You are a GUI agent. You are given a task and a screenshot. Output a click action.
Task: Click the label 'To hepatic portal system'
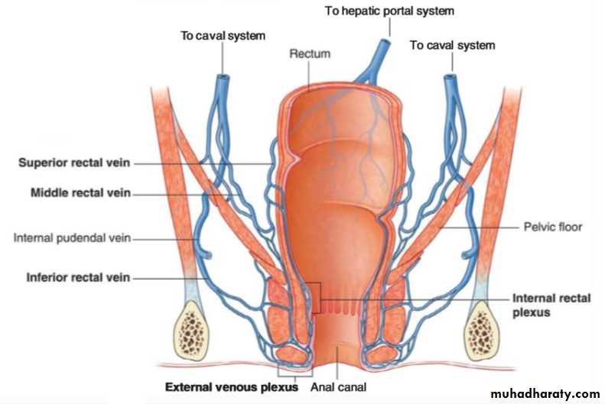tap(389, 11)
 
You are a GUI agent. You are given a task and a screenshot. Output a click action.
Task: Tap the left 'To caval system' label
tap(223, 36)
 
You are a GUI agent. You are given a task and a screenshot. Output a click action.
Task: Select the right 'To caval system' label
tap(452, 46)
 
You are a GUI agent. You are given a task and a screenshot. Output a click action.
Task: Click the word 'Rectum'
tap(310, 53)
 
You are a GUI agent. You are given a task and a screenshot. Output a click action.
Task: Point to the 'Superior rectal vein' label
tap(74, 163)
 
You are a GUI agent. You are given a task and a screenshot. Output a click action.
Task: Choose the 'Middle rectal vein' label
tap(80, 192)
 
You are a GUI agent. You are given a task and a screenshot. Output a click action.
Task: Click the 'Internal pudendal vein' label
tap(72, 238)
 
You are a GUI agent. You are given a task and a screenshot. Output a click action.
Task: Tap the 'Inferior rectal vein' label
tap(78, 277)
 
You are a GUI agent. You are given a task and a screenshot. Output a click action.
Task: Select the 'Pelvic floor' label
tap(552, 227)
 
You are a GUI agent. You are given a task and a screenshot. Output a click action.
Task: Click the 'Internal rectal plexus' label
tap(551, 305)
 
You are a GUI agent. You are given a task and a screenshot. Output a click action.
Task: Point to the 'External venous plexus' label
tap(232, 387)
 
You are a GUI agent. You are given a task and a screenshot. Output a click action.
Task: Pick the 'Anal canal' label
tap(338, 387)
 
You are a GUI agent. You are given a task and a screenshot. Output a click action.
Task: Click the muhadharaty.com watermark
tap(545, 394)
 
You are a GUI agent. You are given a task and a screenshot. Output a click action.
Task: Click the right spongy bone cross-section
tap(481, 331)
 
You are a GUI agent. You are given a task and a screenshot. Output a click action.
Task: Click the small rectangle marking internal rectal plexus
tap(315, 298)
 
